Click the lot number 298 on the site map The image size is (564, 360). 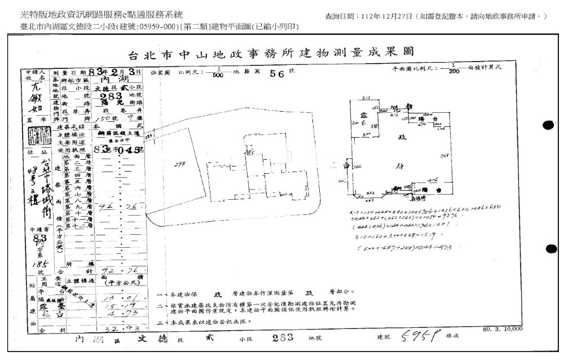pos(180,164)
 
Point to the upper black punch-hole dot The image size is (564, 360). pos(548,125)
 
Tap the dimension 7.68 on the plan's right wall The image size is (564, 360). pos(444,156)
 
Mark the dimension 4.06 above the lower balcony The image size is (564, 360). pos(433,179)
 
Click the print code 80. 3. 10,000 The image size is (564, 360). pos(503,328)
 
